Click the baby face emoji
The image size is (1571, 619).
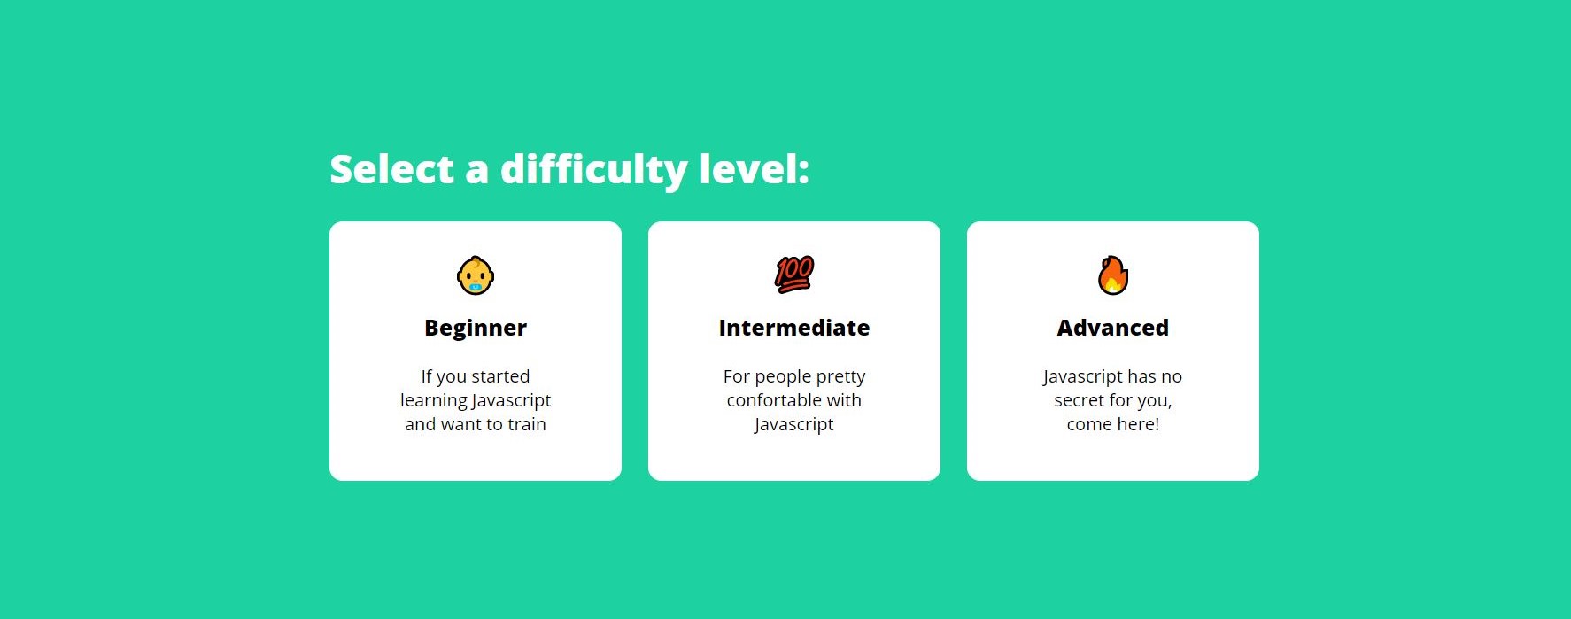(x=476, y=275)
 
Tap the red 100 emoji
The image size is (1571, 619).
(x=794, y=275)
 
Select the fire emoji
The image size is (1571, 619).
(x=1113, y=275)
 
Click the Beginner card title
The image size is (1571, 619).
(x=476, y=329)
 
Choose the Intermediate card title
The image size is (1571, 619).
(x=794, y=328)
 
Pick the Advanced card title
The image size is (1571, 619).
(x=1113, y=328)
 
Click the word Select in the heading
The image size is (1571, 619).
(x=391, y=169)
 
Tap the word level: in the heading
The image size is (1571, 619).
(x=754, y=168)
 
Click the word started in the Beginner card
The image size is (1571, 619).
(x=500, y=376)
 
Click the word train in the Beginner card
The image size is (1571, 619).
(x=527, y=424)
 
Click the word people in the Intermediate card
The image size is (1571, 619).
(x=782, y=377)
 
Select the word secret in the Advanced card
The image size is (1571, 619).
(x=1079, y=400)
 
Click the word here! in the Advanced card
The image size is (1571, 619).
(x=1138, y=424)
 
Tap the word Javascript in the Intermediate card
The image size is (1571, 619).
(x=794, y=425)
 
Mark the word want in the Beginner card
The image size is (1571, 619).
(x=461, y=424)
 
